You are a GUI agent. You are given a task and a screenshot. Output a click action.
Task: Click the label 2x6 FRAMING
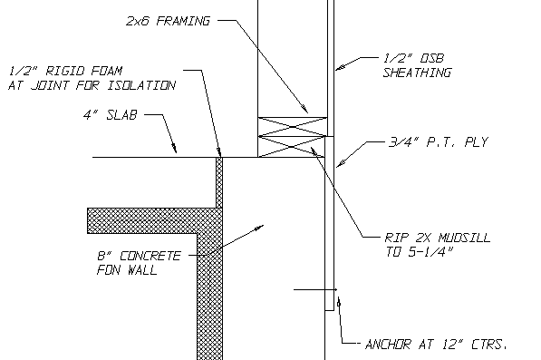(x=169, y=19)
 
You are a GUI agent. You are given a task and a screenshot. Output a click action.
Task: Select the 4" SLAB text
(x=108, y=115)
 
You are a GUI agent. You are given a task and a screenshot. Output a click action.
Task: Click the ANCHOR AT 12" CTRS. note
(x=433, y=344)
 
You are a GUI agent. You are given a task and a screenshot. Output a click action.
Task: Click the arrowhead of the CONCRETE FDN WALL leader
(x=259, y=227)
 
